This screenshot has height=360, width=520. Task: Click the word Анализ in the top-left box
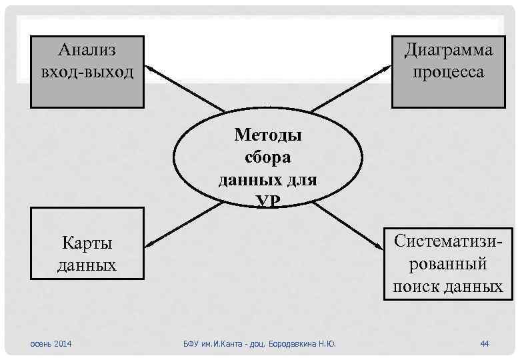click(87, 49)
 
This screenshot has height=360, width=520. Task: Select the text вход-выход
click(87, 71)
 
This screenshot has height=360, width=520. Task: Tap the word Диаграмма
click(448, 49)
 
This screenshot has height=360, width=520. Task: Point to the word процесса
click(448, 71)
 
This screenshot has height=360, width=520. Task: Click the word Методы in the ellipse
click(267, 135)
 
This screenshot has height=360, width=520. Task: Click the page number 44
click(485, 343)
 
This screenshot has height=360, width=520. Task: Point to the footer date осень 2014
click(52, 343)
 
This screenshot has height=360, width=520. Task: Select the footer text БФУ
click(192, 344)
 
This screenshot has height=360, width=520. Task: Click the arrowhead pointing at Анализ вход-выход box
click(150, 67)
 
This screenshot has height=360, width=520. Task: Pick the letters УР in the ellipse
click(267, 202)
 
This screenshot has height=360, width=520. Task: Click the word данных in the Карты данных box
click(87, 265)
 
